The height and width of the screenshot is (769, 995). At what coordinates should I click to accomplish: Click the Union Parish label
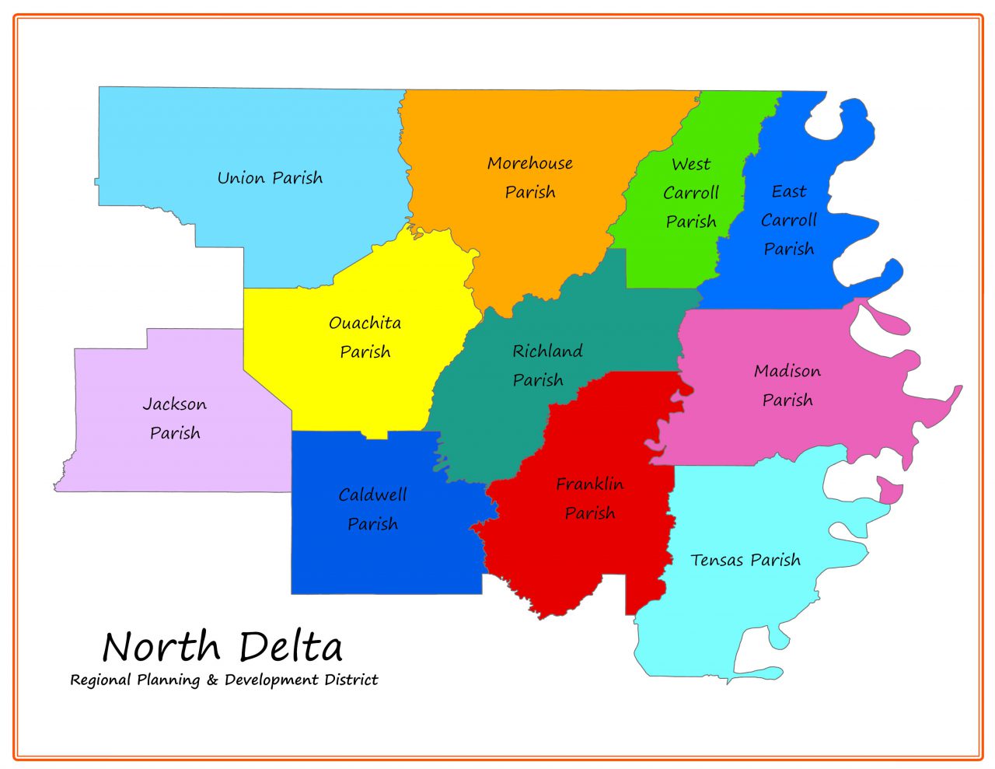coord(270,178)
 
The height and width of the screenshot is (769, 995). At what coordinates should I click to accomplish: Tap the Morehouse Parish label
coord(530,177)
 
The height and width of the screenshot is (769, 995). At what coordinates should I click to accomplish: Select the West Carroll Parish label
coord(691,193)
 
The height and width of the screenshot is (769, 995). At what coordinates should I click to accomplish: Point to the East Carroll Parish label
coord(788,220)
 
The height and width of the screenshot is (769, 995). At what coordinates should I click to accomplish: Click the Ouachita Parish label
coord(365,337)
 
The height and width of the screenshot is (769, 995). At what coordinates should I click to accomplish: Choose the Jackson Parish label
coord(175,418)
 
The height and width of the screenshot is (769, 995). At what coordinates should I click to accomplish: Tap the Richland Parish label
coord(547,365)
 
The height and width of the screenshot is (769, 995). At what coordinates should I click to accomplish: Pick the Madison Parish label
coord(787,386)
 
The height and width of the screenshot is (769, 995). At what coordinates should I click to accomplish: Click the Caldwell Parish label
coord(372,509)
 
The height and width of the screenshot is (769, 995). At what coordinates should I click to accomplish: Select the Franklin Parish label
coord(590,498)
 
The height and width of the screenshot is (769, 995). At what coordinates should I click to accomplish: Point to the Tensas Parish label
coord(745,560)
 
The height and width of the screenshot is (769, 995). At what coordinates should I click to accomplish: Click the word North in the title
coord(162,647)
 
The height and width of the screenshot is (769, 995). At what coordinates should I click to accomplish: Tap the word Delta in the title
coord(291,647)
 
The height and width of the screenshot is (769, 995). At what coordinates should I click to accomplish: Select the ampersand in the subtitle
coord(212,680)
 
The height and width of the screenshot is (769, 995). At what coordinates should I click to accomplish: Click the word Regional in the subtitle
coord(100,680)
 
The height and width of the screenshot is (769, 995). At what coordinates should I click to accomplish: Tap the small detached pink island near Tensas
coord(890,492)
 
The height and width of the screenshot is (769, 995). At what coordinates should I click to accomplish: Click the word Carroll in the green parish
coord(691,193)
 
